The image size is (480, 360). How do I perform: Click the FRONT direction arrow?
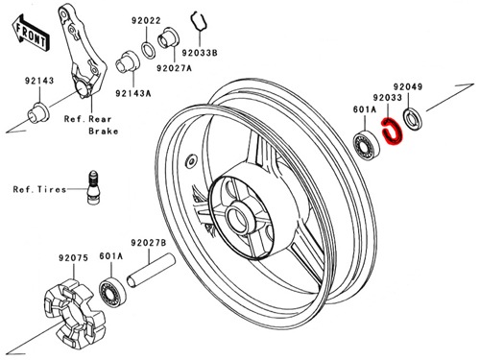(31, 33)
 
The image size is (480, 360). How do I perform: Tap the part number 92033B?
(200, 53)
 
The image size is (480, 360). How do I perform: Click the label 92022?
(146, 21)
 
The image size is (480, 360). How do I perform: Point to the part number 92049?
(408, 86)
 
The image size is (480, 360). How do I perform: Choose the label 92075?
(73, 258)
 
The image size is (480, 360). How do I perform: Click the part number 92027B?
(148, 243)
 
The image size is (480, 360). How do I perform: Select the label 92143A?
(133, 93)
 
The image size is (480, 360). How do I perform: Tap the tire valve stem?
(93, 187)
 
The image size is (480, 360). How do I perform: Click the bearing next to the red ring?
(366, 144)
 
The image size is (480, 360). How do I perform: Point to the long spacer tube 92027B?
(151, 271)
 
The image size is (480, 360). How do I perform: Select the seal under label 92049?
(413, 120)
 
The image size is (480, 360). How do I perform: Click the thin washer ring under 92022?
(148, 49)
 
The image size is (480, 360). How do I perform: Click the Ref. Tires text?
(39, 189)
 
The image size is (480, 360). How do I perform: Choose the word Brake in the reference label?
(103, 132)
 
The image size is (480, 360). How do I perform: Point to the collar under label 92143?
(38, 112)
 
